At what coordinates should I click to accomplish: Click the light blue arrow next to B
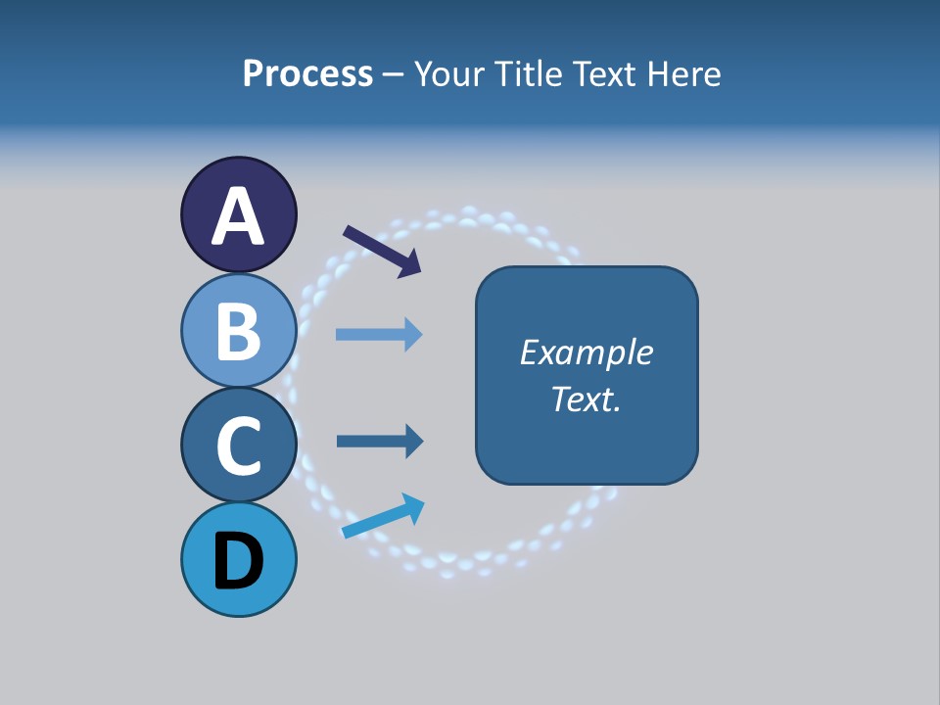378,335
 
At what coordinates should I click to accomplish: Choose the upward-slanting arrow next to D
383,516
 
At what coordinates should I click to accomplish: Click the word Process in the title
307,73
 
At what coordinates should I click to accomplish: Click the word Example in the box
586,352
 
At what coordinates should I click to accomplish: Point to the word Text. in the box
586,399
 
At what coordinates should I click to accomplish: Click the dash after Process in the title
394,74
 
